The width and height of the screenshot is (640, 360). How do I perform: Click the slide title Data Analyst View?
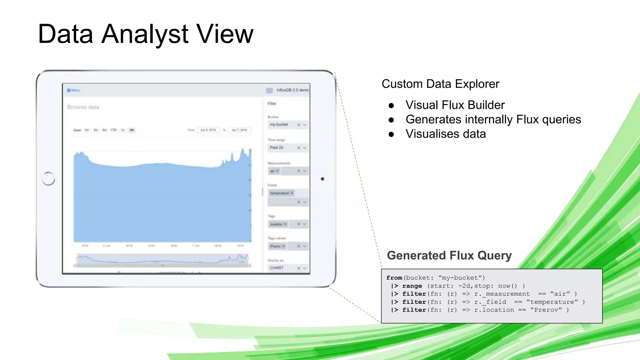145,34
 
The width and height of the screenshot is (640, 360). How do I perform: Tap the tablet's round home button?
48,179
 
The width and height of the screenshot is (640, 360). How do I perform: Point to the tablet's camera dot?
322,179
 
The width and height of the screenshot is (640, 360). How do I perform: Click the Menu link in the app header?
74,90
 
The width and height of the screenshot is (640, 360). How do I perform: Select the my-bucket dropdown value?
279,124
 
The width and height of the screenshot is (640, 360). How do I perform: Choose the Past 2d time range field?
277,147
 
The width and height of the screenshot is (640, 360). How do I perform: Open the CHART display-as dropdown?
288,268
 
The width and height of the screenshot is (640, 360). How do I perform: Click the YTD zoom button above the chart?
113,130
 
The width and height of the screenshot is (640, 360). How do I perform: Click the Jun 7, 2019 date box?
239,130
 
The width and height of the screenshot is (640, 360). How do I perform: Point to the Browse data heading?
83,107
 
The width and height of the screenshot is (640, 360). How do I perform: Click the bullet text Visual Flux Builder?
455,105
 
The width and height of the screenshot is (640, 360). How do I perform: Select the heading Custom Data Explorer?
440,84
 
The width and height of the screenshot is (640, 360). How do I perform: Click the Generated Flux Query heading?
449,255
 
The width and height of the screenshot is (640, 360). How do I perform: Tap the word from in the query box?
394,278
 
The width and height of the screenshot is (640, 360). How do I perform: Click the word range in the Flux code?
412,286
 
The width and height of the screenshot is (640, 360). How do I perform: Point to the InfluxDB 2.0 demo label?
292,90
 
